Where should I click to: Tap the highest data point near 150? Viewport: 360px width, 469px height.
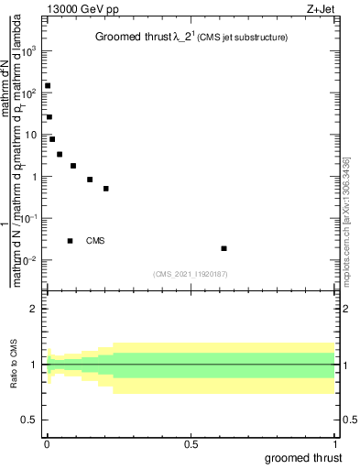pyautogui.click(x=48, y=85)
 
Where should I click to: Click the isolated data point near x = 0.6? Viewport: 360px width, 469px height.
pyautogui.click(x=224, y=248)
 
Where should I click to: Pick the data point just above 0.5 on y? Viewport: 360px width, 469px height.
pyautogui.click(x=106, y=189)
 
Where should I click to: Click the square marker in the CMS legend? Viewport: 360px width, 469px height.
pyautogui.click(x=70, y=241)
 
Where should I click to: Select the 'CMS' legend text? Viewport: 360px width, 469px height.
pyautogui.click(x=95, y=241)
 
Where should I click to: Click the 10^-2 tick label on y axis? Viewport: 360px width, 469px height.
pyautogui.click(x=28, y=260)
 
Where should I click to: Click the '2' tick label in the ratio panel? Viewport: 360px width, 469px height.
pyautogui.click(x=35, y=309)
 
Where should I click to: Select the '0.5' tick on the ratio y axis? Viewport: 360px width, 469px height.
pyautogui.click(x=30, y=420)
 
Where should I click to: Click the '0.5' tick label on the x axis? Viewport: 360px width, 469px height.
pyautogui.click(x=191, y=444)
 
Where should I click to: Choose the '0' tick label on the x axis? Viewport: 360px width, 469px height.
pyautogui.click(x=47, y=444)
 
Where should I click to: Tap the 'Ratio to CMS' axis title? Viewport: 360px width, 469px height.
pyautogui.click(x=14, y=365)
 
